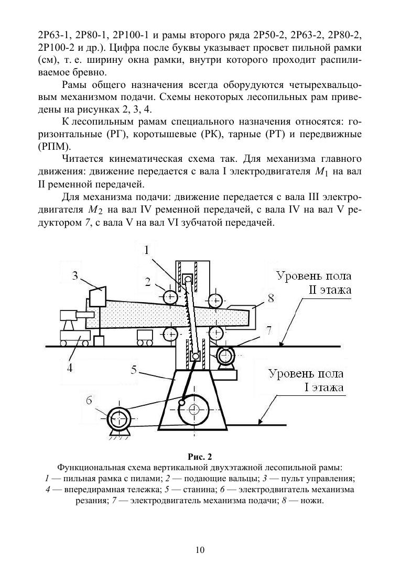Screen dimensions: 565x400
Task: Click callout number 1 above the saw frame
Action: click(148, 250)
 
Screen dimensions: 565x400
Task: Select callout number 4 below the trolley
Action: click(69, 367)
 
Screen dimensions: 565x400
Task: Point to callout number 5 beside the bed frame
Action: click(134, 370)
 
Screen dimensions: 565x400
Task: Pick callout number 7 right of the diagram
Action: click(268, 331)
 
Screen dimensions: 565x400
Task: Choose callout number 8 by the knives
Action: click(271, 298)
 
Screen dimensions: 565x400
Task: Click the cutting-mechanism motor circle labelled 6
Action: click(118, 419)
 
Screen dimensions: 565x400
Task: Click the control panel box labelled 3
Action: click(99, 296)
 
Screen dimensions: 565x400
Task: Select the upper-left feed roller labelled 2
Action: click(171, 297)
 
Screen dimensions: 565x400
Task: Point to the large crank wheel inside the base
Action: click(194, 409)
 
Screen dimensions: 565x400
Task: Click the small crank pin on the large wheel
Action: click(181, 402)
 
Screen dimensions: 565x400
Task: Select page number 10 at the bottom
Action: click(200, 549)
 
